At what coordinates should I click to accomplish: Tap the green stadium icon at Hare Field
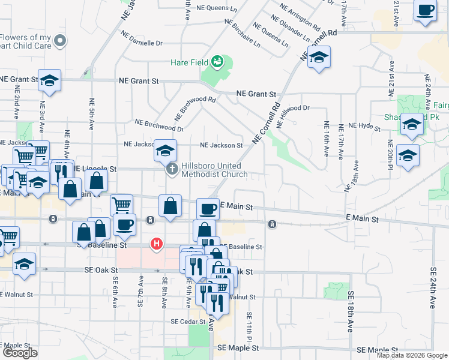coord(217,61)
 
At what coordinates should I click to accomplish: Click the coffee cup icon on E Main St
coord(208,209)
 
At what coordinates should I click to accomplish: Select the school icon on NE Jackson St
coord(165,150)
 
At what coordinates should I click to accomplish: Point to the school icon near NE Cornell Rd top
coord(319,58)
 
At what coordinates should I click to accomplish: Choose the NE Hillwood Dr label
coord(294,109)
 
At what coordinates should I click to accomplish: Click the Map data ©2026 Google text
coord(412,355)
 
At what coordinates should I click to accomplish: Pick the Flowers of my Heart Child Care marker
coord(59,41)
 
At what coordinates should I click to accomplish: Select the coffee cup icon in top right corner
coord(425,11)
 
